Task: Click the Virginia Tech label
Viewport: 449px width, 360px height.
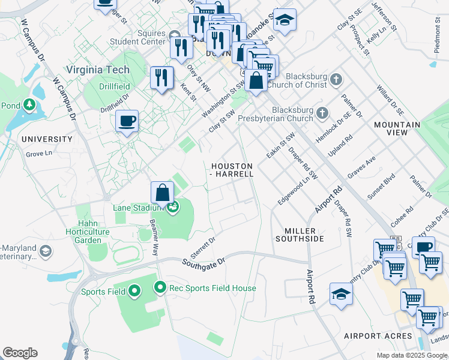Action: [98, 70]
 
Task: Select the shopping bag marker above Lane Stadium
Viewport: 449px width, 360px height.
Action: [162, 193]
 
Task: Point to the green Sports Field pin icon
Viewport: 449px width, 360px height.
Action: [134, 292]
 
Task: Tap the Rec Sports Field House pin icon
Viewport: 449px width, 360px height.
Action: [160, 288]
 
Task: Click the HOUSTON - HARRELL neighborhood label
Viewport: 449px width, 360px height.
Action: [232, 169]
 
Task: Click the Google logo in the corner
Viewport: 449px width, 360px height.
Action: [20, 353]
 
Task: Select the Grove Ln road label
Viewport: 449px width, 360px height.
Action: [39, 154]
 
